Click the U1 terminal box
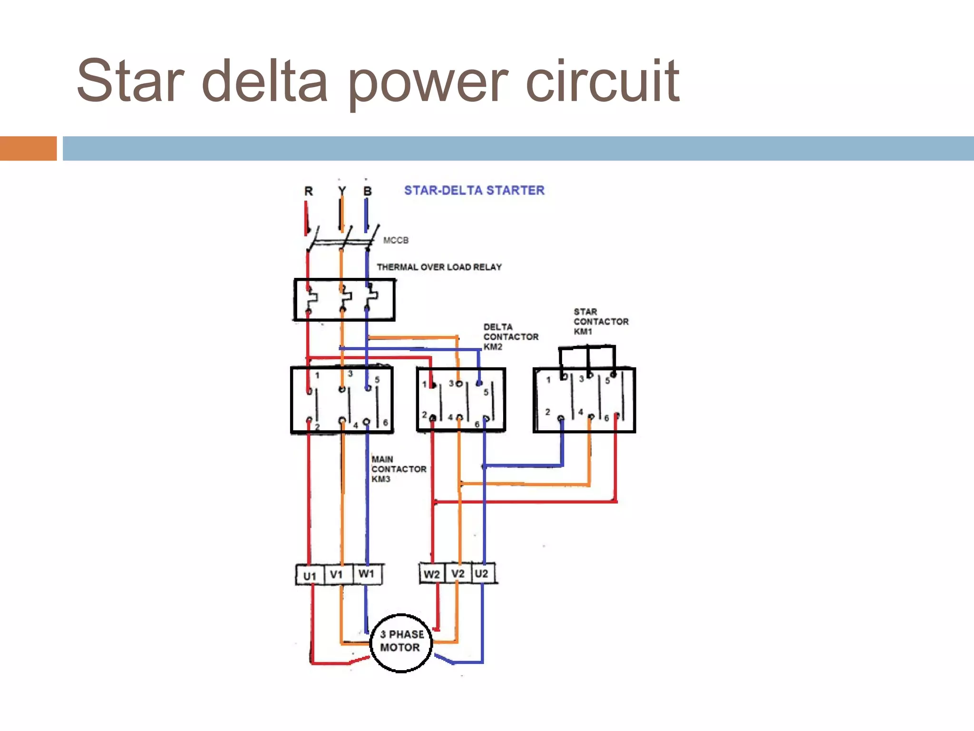pyautogui.click(x=310, y=575)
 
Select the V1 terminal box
pyautogui.click(x=337, y=574)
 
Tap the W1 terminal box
pyautogui.click(x=367, y=573)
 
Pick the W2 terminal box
pyautogui.click(x=432, y=574)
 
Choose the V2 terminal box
pyautogui.click(x=458, y=573)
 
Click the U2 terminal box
pyautogui.click(x=482, y=573)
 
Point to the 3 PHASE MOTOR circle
pyautogui.click(x=401, y=642)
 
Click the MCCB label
pyautogui.click(x=396, y=240)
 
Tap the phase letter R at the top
pyautogui.click(x=309, y=191)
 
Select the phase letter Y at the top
pyautogui.click(x=342, y=191)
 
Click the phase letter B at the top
pyautogui.click(x=367, y=191)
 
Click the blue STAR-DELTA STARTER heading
pyautogui.click(x=474, y=190)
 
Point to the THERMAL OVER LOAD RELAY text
pyautogui.click(x=439, y=267)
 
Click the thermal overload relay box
pyautogui.click(x=344, y=300)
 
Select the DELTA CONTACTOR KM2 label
pyautogui.click(x=510, y=336)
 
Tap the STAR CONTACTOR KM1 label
pyautogui.click(x=600, y=321)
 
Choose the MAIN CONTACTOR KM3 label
pyautogui.click(x=398, y=469)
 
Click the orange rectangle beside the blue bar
pyautogui.click(x=28, y=148)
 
